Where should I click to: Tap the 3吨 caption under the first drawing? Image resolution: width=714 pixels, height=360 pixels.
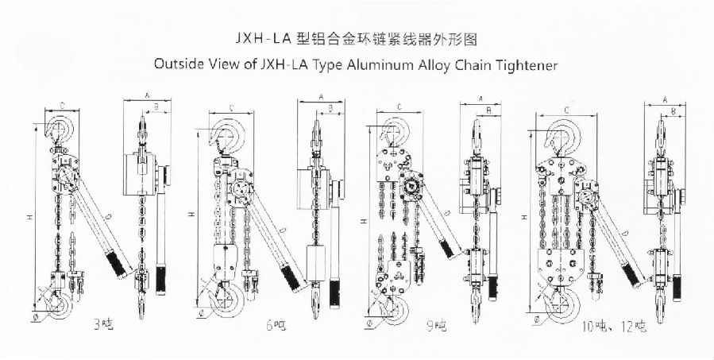101,323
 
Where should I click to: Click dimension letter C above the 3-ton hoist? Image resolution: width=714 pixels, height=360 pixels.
63,104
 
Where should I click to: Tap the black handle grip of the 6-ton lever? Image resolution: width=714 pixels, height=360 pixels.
291,276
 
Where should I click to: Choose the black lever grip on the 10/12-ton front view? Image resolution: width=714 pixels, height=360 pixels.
632,275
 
